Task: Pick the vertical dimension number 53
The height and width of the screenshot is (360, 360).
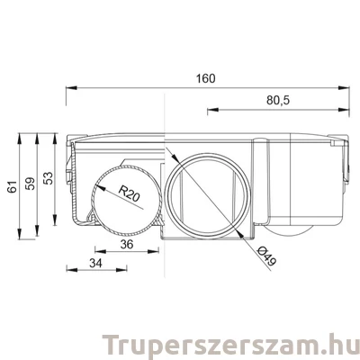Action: pos(49,178)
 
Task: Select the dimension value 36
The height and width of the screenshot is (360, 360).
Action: pos(127,244)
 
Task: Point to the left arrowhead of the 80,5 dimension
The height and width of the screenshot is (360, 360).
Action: pos(210,110)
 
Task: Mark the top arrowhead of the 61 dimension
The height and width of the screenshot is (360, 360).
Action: pos(21,138)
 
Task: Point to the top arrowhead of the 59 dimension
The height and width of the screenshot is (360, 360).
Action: pos(39,138)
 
